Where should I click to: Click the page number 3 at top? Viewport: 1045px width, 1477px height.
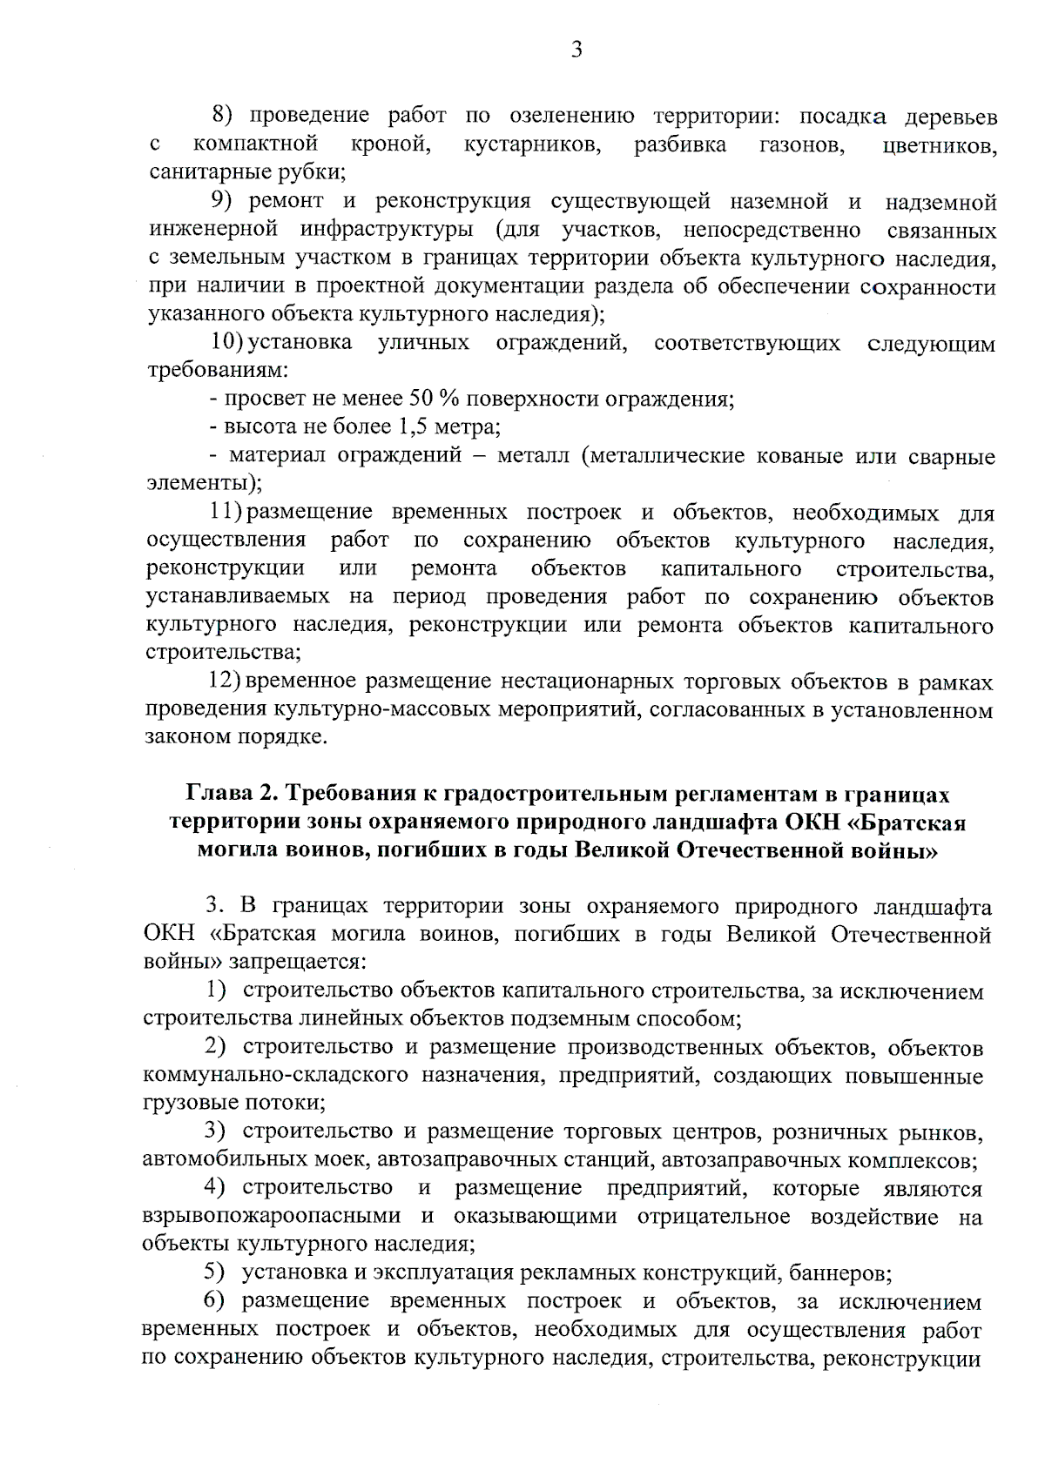[x=576, y=50]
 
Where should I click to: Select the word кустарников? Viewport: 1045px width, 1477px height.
[x=532, y=144]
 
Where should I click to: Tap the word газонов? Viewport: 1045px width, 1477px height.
[x=804, y=144]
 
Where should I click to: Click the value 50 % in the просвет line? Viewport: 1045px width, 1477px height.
[x=433, y=399]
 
